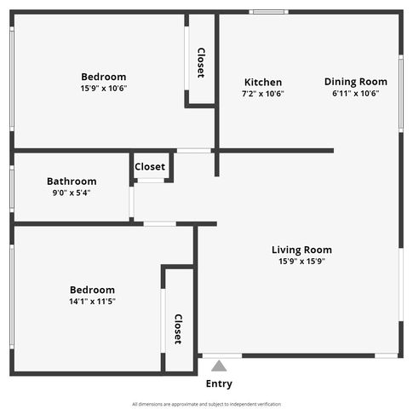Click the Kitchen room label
click(263, 83)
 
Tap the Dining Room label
click(356, 82)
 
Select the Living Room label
click(301, 250)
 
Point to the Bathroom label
click(72, 181)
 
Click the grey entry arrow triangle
click(219, 366)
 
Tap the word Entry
click(219, 383)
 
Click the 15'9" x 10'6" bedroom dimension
click(104, 89)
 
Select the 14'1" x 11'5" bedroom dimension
click(92, 302)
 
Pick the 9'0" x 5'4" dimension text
click(72, 193)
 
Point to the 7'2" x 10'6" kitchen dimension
click(263, 94)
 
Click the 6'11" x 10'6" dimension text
click(356, 93)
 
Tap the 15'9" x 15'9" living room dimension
click(301, 261)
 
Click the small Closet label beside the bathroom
click(150, 167)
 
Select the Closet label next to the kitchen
click(201, 63)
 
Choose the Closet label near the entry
click(178, 329)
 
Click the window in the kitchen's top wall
click(269, 12)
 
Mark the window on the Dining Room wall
click(401, 94)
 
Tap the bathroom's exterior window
click(12, 189)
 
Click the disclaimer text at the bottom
click(206, 404)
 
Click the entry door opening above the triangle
click(222, 355)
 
